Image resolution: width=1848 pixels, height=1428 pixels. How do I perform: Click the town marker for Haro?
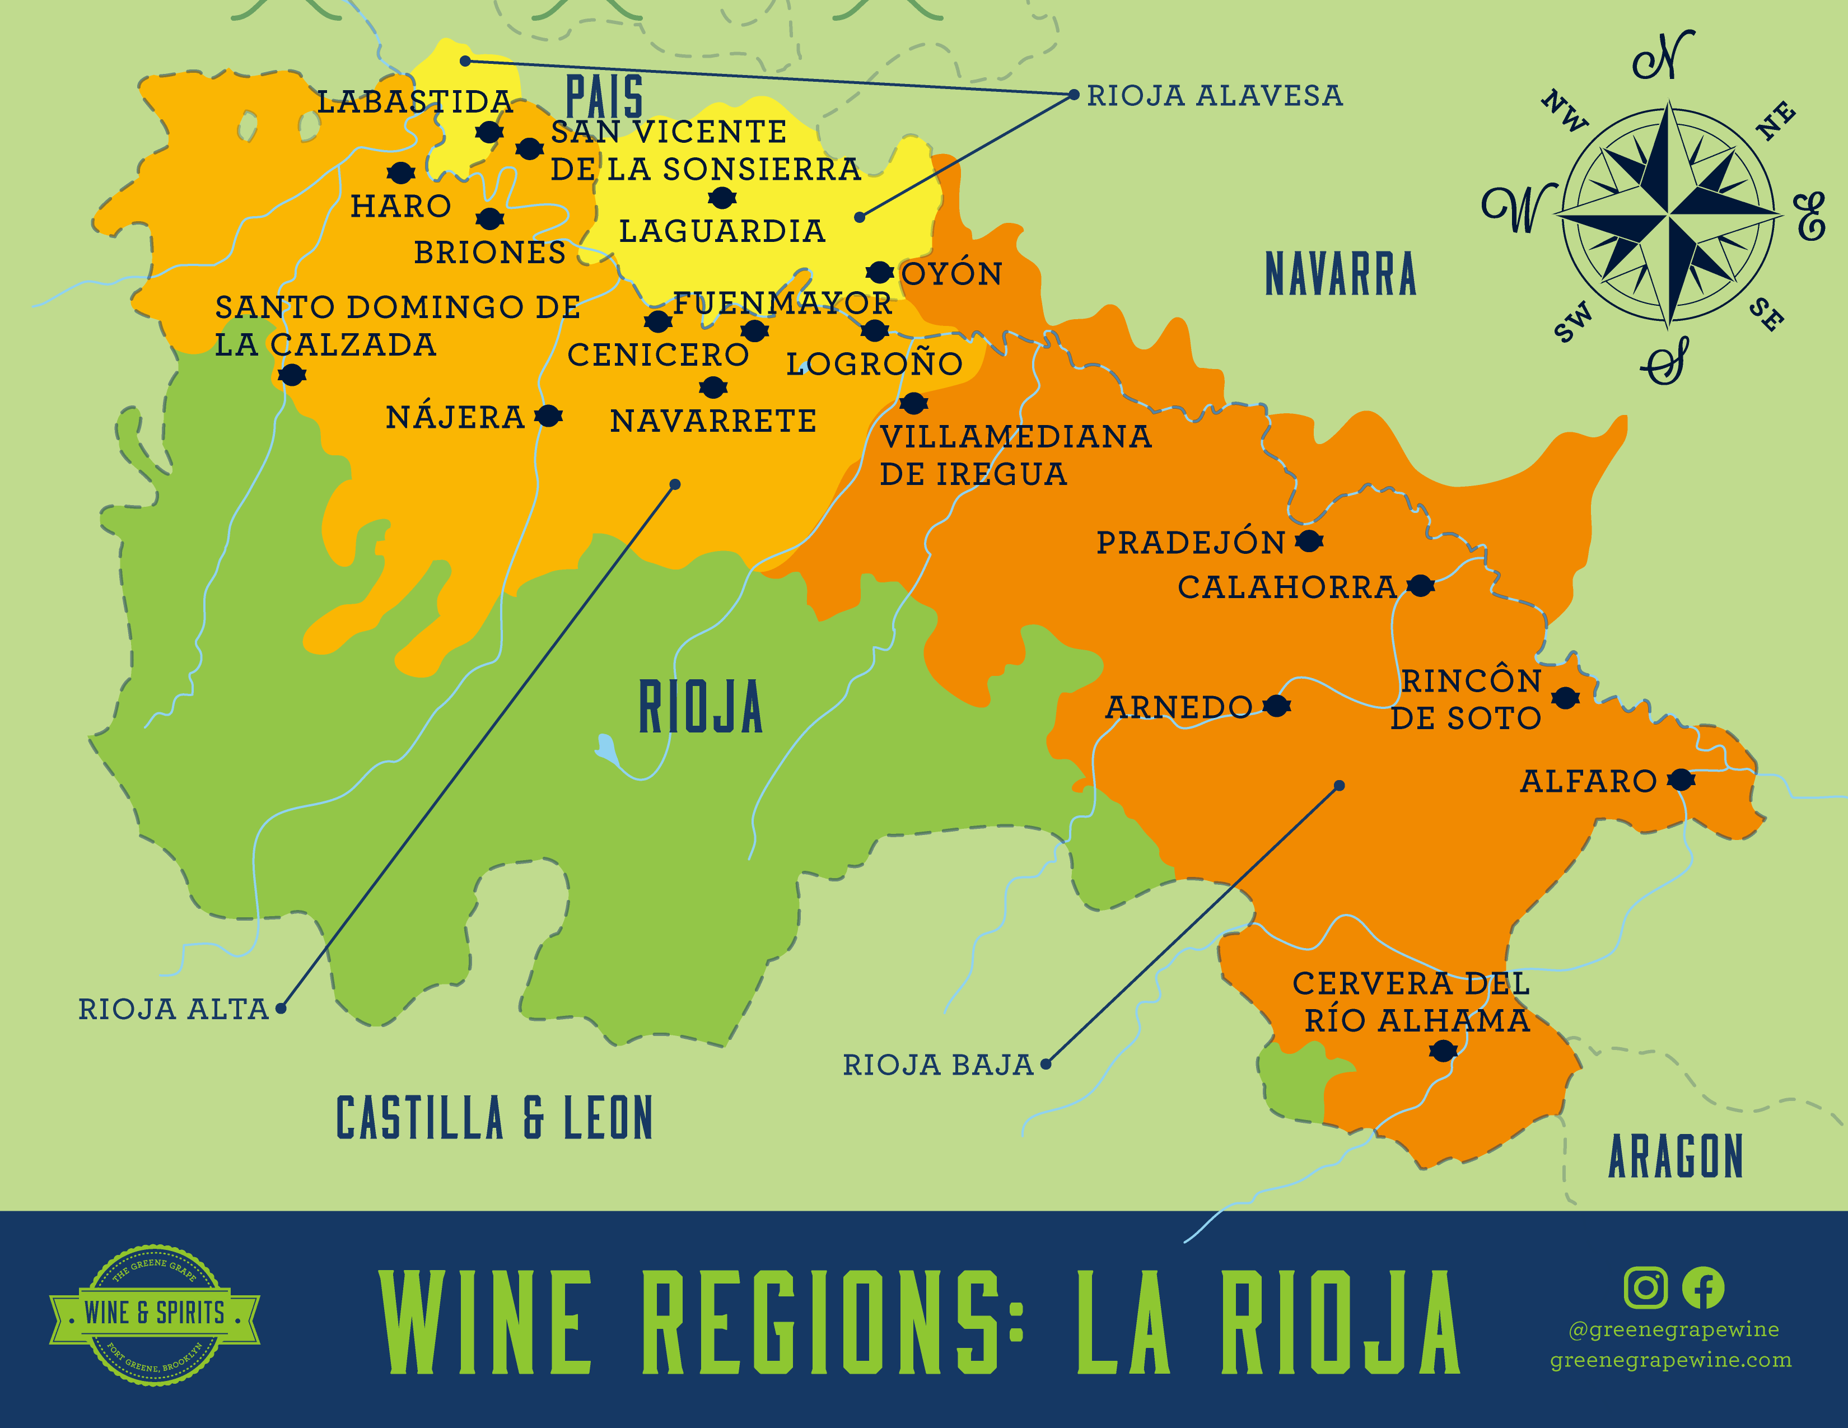click(400, 172)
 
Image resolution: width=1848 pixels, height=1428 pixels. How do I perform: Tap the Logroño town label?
click(874, 364)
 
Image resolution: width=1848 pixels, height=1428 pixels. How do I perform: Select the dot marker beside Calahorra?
click(1421, 585)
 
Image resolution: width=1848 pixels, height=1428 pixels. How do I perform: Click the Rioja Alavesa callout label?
click(1214, 96)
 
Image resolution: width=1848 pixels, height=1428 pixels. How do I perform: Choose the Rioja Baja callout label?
click(937, 1064)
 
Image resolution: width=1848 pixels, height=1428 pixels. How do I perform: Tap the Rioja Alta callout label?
click(174, 1009)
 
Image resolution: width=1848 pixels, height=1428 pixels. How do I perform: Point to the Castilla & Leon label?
click(494, 1118)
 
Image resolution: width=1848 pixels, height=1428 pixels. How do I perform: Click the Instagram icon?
click(1645, 1287)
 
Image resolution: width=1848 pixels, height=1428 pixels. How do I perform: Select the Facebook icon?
click(1702, 1287)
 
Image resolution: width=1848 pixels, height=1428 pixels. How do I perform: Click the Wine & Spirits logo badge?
click(154, 1313)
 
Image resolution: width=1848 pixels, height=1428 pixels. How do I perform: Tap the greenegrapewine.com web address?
click(1670, 1360)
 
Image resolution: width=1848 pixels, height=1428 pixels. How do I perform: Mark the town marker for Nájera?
click(548, 416)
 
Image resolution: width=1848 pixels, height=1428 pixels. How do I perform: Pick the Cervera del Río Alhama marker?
click(1443, 1051)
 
